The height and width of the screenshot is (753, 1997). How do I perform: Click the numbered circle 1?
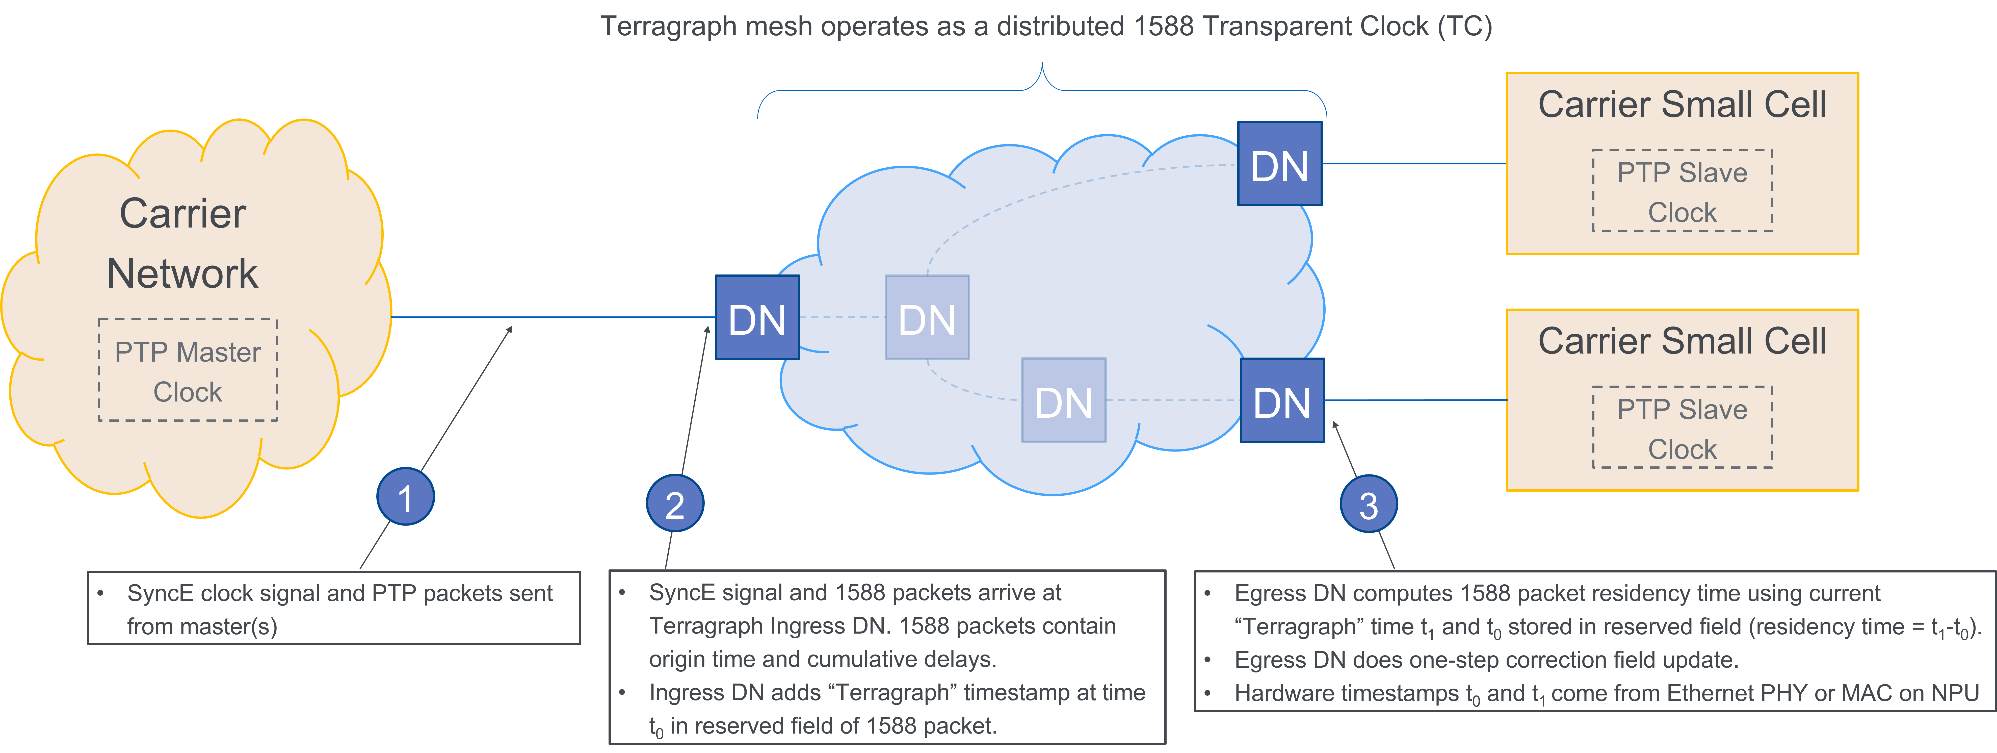(x=405, y=497)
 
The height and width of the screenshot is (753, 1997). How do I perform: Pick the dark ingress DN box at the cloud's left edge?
(x=757, y=318)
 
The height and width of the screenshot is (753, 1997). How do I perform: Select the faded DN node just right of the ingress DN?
(x=927, y=318)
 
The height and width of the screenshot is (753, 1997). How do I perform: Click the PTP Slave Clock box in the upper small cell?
(x=1682, y=191)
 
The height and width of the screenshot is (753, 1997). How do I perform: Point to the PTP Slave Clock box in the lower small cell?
(x=1682, y=428)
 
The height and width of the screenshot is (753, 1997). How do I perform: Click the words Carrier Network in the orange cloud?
(x=183, y=243)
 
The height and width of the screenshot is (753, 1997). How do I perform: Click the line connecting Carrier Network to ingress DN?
(x=550, y=317)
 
